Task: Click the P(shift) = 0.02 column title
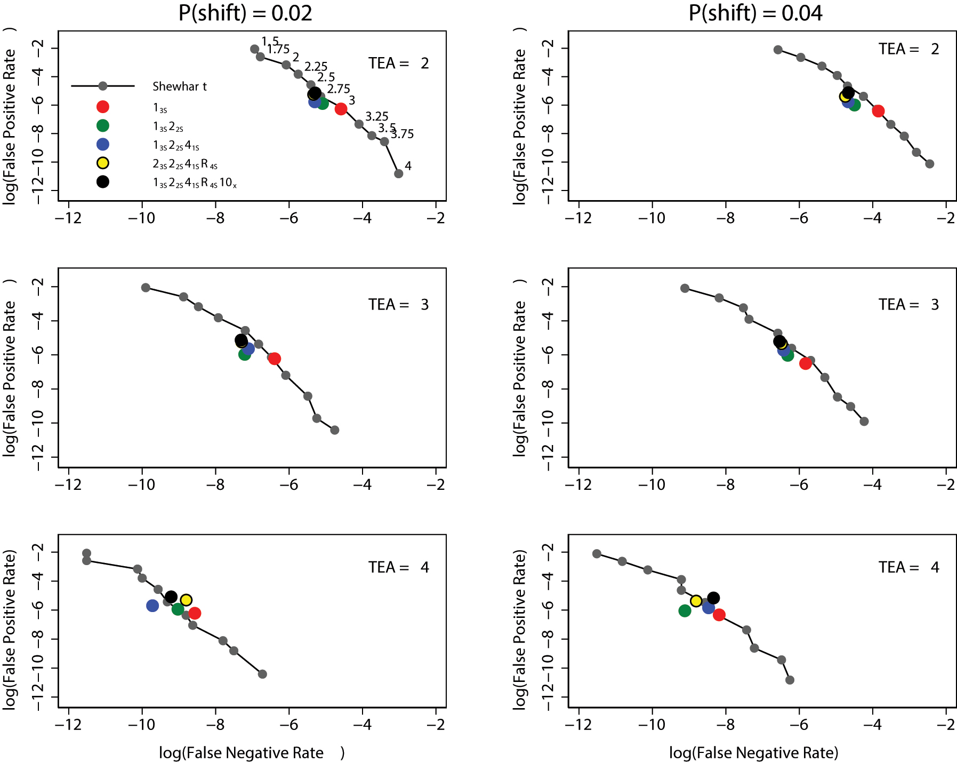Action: point(245,13)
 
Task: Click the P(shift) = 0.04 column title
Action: point(755,13)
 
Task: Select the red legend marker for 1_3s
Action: point(103,107)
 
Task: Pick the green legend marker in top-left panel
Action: point(103,125)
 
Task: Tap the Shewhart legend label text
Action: point(179,86)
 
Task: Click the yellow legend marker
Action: point(103,163)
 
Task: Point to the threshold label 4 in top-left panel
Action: point(408,166)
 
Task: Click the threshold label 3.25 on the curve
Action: point(376,116)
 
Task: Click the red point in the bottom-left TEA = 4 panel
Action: point(195,613)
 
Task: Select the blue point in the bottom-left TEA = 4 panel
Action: point(152,606)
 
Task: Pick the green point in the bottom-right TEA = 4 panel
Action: point(685,611)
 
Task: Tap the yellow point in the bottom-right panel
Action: point(696,601)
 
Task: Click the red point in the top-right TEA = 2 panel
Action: point(878,111)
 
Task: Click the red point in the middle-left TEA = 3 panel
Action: point(275,359)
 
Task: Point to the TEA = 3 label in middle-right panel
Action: point(908,305)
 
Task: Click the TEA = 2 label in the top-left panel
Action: point(398,63)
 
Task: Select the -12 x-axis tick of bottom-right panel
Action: point(578,725)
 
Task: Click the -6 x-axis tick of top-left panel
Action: point(289,218)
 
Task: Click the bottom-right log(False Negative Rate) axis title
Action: point(753,753)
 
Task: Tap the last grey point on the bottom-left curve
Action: point(262,674)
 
